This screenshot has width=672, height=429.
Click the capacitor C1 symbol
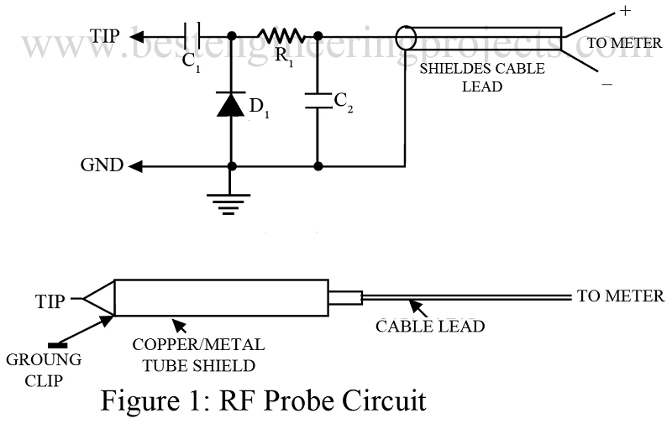coord(192,36)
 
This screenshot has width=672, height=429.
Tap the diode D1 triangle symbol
coord(231,105)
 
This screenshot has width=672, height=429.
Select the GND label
coord(102,166)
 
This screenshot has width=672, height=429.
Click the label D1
coord(258,108)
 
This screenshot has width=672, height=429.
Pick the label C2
coord(344,101)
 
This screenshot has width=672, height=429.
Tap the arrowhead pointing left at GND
coord(135,166)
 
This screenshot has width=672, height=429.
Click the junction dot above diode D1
coord(231,36)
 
